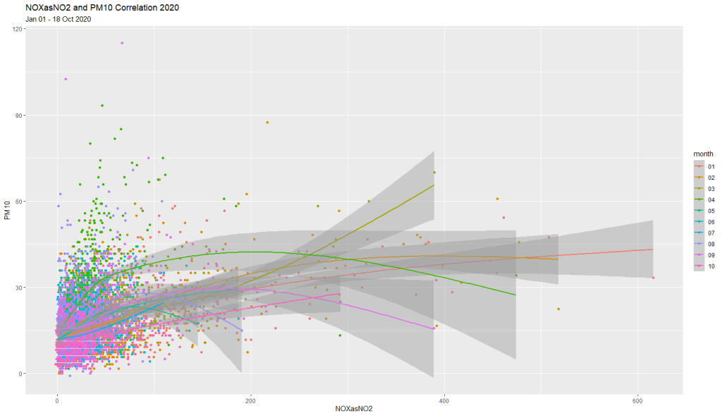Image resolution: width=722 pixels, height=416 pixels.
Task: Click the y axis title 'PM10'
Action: (6, 209)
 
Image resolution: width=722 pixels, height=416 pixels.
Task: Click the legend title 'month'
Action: (703, 154)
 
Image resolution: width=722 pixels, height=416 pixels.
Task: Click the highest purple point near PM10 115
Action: (121, 43)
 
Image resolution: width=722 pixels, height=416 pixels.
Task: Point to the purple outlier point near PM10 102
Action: (66, 80)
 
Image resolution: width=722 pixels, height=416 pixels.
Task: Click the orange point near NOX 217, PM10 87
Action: (267, 123)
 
